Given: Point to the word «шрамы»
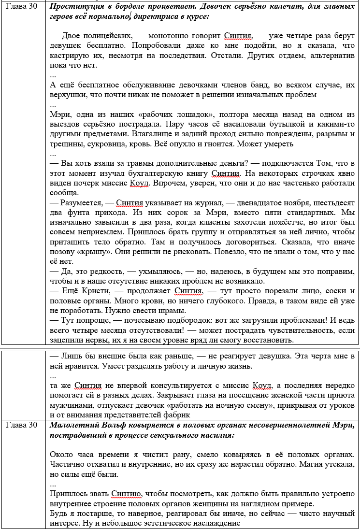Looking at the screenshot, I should pos(173,310).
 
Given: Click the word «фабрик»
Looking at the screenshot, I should pos(174,415).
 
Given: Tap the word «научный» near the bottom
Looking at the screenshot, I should pos(341,513).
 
